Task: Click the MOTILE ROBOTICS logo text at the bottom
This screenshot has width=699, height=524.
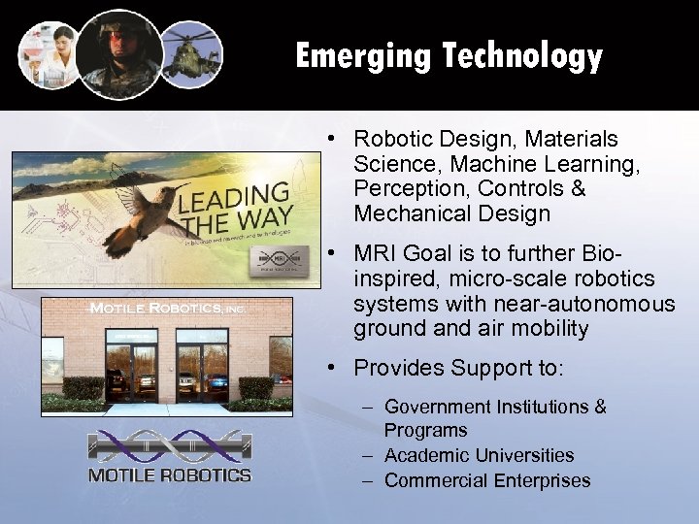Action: (x=170, y=475)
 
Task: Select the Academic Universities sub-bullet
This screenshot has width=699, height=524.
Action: (x=479, y=455)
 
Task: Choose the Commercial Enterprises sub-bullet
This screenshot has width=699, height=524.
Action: (x=486, y=480)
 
